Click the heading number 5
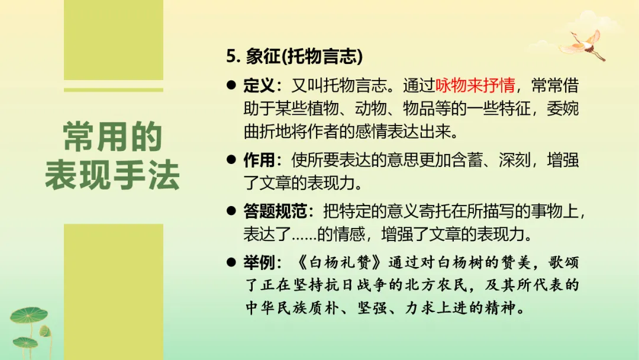coord(231,57)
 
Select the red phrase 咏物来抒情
coord(475,86)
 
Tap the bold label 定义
coord(259,86)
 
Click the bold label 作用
coord(259,160)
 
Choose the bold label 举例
coord(259,262)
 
